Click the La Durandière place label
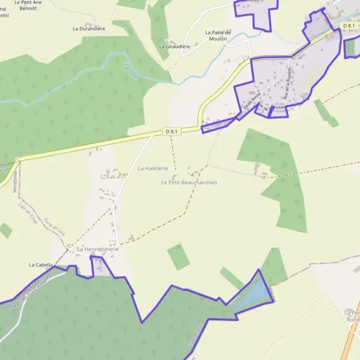[89, 28]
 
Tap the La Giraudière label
[175, 46]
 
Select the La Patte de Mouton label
[218, 35]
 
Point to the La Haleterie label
[153, 169]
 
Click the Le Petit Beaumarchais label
[189, 182]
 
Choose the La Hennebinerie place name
[98, 249]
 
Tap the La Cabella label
[41, 265]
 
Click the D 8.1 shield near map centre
[172, 131]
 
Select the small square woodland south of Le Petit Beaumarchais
[178, 257]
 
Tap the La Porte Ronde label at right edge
[353, 316]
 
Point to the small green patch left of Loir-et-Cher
[5, 230]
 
